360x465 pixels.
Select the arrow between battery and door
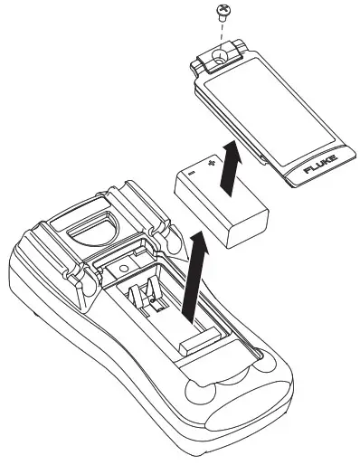pyautogui.click(x=232, y=172)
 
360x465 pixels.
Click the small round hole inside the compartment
pyautogui.click(x=120, y=272)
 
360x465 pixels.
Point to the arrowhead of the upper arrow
pyautogui.click(x=233, y=152)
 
